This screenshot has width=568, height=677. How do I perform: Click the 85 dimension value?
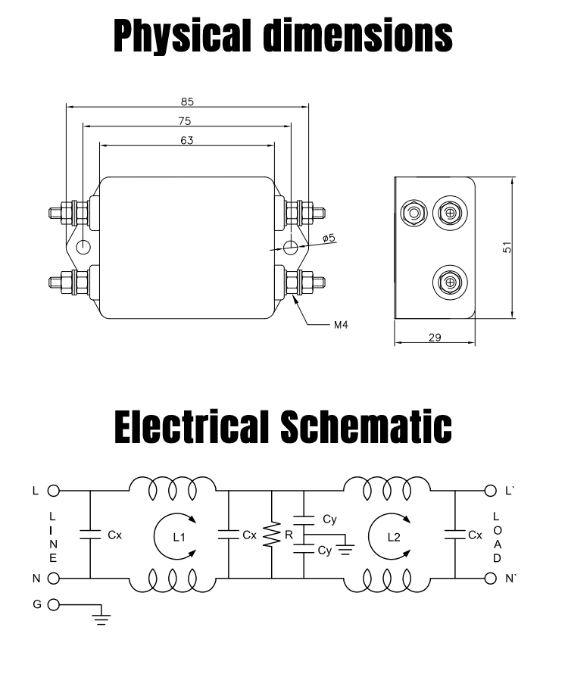187,102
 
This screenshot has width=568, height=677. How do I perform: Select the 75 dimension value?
185,121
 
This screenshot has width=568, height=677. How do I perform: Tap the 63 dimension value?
186,140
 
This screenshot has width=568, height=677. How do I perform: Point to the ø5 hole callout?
329,238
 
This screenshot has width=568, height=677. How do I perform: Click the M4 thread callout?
341,325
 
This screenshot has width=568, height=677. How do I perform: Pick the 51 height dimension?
507,248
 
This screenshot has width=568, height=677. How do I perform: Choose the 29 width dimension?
435,337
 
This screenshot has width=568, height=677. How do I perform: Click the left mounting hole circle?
83,247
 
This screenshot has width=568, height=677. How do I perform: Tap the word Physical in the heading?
183,36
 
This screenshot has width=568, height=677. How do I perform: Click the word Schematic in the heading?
366,426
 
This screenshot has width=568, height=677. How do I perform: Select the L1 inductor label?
179,537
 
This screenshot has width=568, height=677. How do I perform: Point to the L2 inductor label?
394,537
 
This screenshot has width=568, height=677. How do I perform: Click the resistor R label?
289,535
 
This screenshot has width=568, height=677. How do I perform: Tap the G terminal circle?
53,605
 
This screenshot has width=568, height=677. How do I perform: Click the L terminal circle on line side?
53,491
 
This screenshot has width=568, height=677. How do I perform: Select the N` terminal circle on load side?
490,579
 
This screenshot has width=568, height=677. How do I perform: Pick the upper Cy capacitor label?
329,519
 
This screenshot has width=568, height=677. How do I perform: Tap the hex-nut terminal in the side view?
414,214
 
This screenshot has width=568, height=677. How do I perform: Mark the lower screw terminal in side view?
450,282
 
